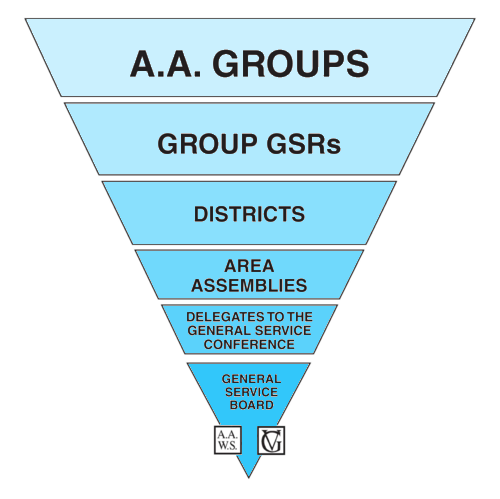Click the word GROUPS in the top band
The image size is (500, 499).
point(291,63)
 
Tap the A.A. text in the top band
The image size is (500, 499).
point(166,63)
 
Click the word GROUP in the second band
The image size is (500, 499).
point(207,144)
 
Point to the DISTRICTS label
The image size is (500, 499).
point(249,214)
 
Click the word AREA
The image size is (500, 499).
point(249,266)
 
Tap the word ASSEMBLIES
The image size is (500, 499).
point(249,286)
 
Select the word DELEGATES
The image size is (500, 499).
point(222,316)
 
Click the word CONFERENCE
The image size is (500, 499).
point(249,344)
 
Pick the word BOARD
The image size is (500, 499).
point(252,405)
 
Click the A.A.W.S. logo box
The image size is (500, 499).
point(228,440)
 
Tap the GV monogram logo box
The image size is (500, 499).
point(271,440)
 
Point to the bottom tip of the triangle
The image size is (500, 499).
point(249,478)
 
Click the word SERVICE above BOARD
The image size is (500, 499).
point(251,392)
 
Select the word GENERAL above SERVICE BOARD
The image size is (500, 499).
point(251,379)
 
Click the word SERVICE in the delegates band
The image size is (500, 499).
point(280,330)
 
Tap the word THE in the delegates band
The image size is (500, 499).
point(300,316)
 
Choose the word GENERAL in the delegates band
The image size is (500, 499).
point(216,330)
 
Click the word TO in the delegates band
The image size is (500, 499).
point(272,316)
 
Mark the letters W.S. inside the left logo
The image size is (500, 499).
point(228,446)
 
